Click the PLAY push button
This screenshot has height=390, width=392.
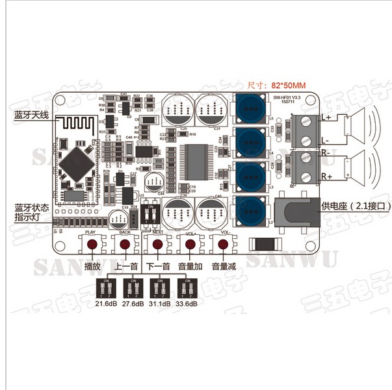(92, 245)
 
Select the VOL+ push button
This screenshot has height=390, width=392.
(190, 245)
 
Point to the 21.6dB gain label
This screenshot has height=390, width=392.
(106, 303)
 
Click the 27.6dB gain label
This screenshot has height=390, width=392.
(133, 303)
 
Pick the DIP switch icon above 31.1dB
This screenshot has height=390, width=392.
(160, 286)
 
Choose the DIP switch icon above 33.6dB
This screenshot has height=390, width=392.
(187, 286)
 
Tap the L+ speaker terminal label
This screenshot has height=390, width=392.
(326, 117)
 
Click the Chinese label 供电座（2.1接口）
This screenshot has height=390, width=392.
(356, 206)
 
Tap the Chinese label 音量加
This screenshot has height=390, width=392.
(190, 266)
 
